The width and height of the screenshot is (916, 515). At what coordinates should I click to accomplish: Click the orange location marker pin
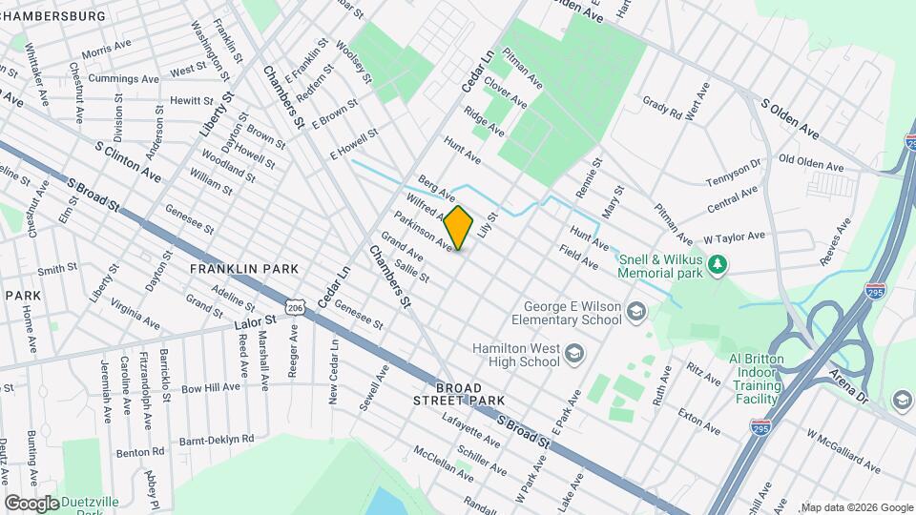[459, 228]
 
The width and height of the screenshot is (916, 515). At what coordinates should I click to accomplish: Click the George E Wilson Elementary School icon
[636, 311]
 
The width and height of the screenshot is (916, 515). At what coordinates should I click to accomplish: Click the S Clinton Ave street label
[128, 162]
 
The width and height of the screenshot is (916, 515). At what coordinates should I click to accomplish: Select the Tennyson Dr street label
[733, 174]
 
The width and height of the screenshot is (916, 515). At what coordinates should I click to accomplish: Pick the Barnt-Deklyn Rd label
[220, 439]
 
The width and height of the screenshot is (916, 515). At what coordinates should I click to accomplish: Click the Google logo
[31, 503]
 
